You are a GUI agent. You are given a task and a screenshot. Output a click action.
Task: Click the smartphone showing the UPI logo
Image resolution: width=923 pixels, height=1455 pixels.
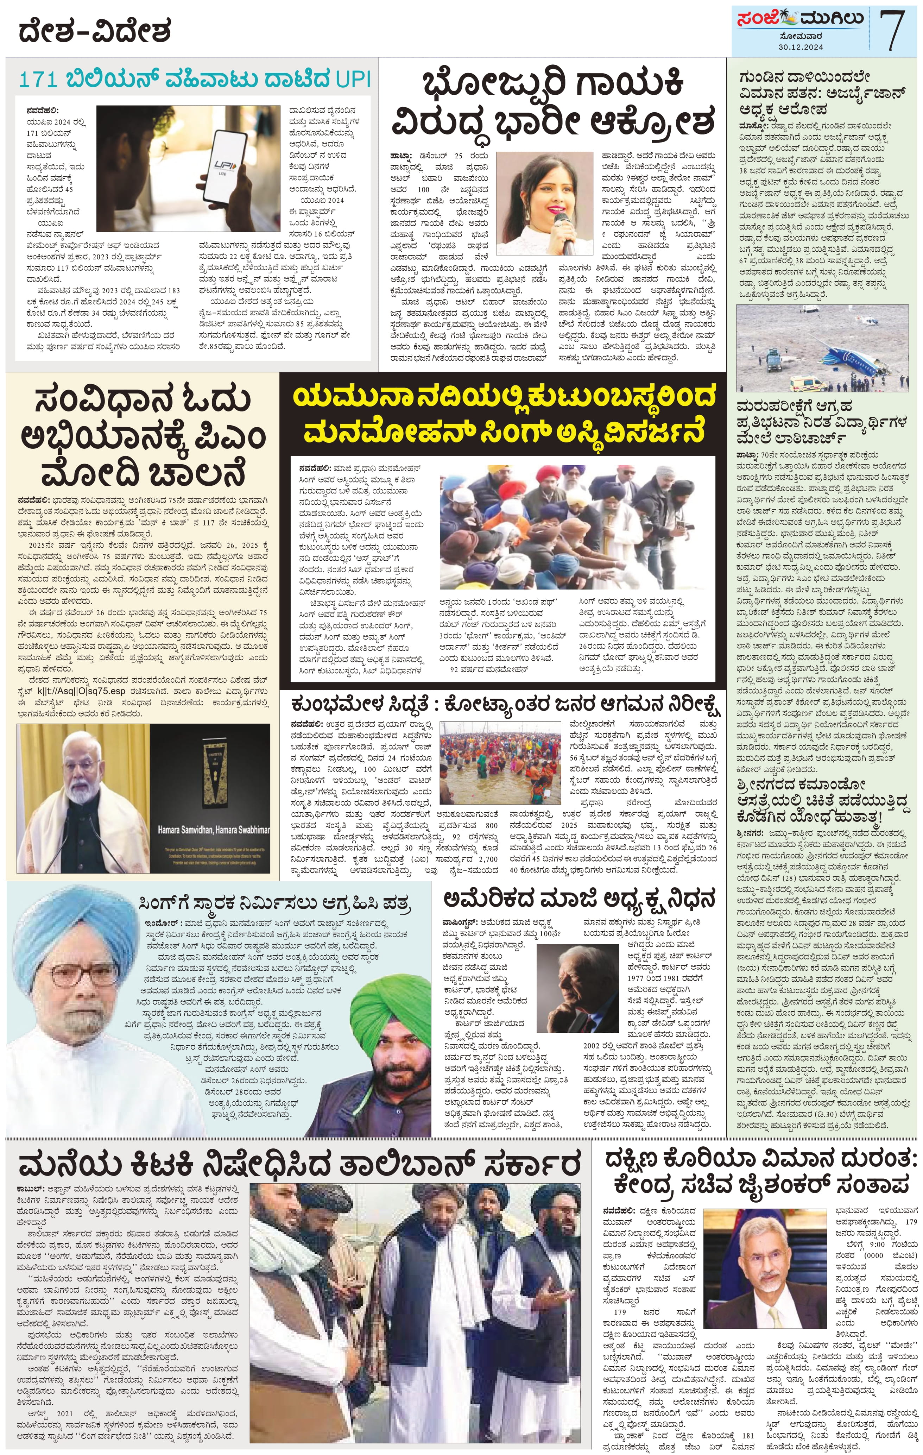click(224, 163)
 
